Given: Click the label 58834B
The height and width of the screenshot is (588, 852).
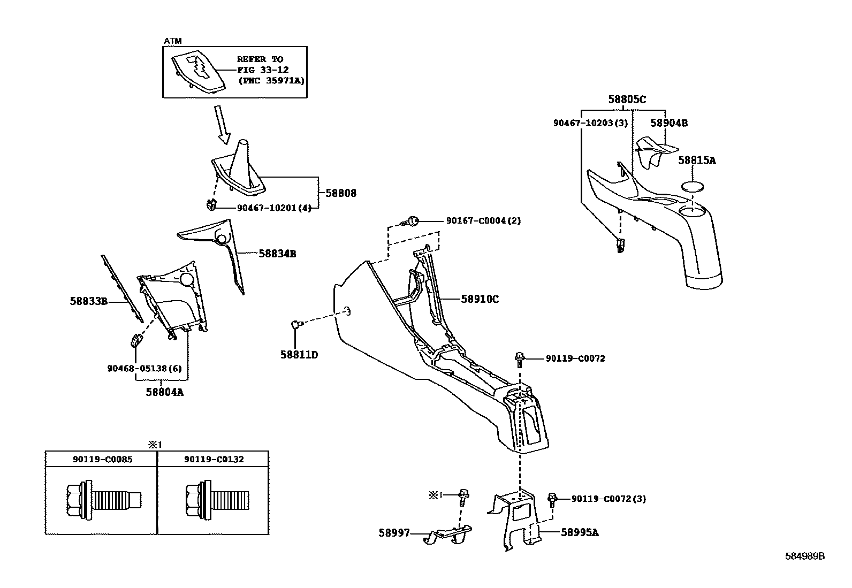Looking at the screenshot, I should [277, 254].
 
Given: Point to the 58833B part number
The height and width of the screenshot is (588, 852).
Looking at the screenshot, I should [89, 301].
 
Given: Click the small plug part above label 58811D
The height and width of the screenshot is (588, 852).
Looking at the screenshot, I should [296, 324].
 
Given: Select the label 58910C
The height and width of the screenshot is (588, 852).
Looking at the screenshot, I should [480, 299].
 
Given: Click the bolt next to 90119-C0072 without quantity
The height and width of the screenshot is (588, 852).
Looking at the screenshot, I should [520, 358].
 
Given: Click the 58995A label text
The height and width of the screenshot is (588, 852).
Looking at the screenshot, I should [580, 532].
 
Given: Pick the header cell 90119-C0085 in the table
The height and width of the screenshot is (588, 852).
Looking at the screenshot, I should [102, 460].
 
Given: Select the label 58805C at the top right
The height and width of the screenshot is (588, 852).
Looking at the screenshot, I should [627, 100].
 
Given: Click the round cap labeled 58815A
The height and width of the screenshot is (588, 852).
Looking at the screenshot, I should [693, 187].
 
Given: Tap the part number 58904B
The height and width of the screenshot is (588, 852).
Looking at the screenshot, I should [669, 123].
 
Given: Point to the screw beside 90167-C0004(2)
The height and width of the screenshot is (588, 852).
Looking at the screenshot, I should [413, 220].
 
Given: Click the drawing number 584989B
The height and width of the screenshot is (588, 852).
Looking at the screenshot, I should [804, 556].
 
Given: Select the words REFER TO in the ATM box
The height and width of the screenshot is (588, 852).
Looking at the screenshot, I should [260, 59].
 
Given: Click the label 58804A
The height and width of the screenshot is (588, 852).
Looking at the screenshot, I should [165, 392].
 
